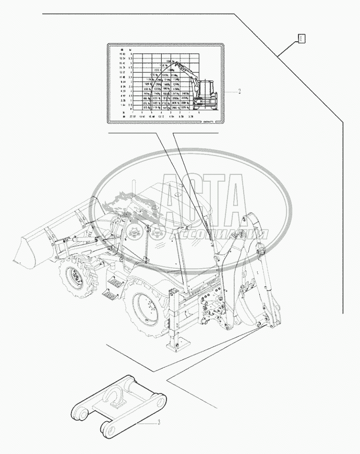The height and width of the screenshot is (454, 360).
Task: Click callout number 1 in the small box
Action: (x=302, y=38)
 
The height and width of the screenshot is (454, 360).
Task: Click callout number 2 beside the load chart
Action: (x=239, y=92)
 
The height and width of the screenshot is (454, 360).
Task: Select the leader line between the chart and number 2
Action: (x=230, y=91)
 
